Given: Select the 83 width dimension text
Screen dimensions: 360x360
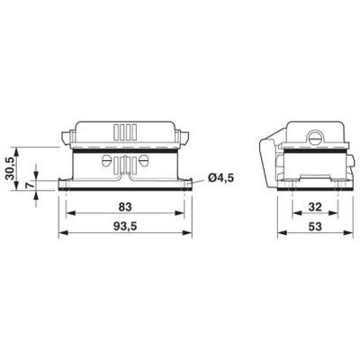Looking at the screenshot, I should (125, 205).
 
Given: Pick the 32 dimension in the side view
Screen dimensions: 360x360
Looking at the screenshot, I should (315, 205).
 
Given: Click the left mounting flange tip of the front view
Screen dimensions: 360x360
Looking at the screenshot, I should (61, 184).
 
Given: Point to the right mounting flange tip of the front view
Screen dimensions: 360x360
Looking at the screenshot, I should (190, 184).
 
